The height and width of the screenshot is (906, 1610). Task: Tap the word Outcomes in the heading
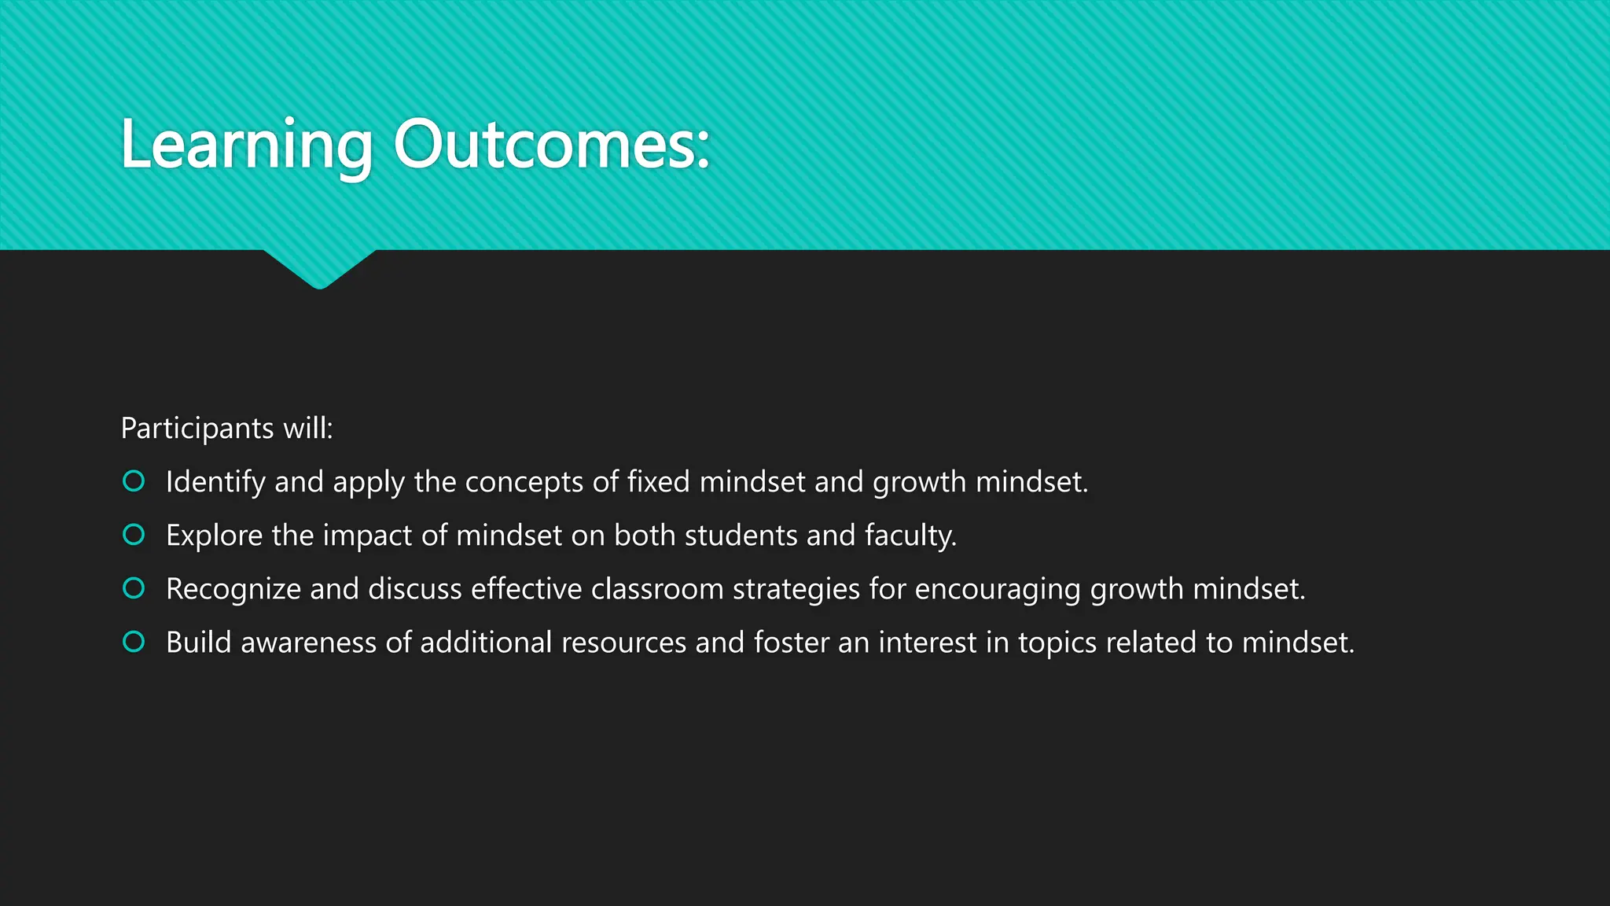tap(550, 145)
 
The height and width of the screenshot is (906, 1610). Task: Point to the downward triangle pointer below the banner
tap(319, 267)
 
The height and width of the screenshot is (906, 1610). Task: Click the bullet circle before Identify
tap(134, 481)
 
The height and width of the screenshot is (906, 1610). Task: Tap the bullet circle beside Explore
tap(134, 535)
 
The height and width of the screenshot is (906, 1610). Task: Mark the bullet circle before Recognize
tap(134, 588)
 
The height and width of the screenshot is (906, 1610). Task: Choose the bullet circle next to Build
tap(134, 642)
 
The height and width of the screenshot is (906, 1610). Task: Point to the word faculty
tap(910, 536)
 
